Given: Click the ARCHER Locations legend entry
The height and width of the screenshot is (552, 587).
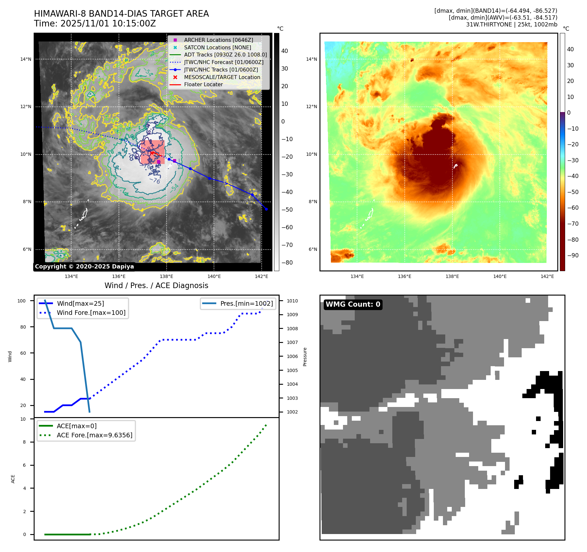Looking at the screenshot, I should click(x=218, y=40).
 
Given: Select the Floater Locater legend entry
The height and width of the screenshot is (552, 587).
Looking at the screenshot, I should click(x=203, y=84).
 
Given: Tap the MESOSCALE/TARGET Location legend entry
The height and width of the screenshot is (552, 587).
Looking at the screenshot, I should click(x=222, y=77).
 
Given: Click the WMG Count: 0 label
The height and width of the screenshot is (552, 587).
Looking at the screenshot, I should click(x=353, y=304).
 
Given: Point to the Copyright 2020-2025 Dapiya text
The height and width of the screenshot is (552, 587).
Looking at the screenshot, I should click(x=84, y=267).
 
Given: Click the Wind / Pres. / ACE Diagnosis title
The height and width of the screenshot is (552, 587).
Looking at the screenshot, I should click(x=156, y=285).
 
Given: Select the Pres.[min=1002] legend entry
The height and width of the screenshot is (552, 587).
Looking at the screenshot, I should click(x=246, y=303).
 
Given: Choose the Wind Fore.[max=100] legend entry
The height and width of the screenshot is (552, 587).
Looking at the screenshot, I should click(x=91, y=313).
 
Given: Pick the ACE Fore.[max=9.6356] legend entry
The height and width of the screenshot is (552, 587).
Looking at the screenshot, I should click(x=94, y=435).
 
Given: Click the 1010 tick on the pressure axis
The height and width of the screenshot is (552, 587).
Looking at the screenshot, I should click(x=292, y=301).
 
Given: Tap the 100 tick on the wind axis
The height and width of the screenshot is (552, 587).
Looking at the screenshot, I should click(x=22, y=301).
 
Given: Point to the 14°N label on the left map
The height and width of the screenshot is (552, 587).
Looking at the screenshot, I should click(x=26, y=59).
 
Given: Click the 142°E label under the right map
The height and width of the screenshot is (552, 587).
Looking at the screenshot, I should click(x=547, y=276).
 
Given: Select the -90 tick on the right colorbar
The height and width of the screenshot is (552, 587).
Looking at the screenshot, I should click(x=573, y=255).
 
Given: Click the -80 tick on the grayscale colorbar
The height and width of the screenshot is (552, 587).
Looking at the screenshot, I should click(x=287, y=263).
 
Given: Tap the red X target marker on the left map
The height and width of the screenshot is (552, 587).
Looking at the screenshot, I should click(x=152, y=153).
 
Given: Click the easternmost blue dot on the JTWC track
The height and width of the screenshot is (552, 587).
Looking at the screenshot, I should click(x=266, y=209).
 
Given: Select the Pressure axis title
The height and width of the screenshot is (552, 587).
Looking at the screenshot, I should click(x=305, y=357).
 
